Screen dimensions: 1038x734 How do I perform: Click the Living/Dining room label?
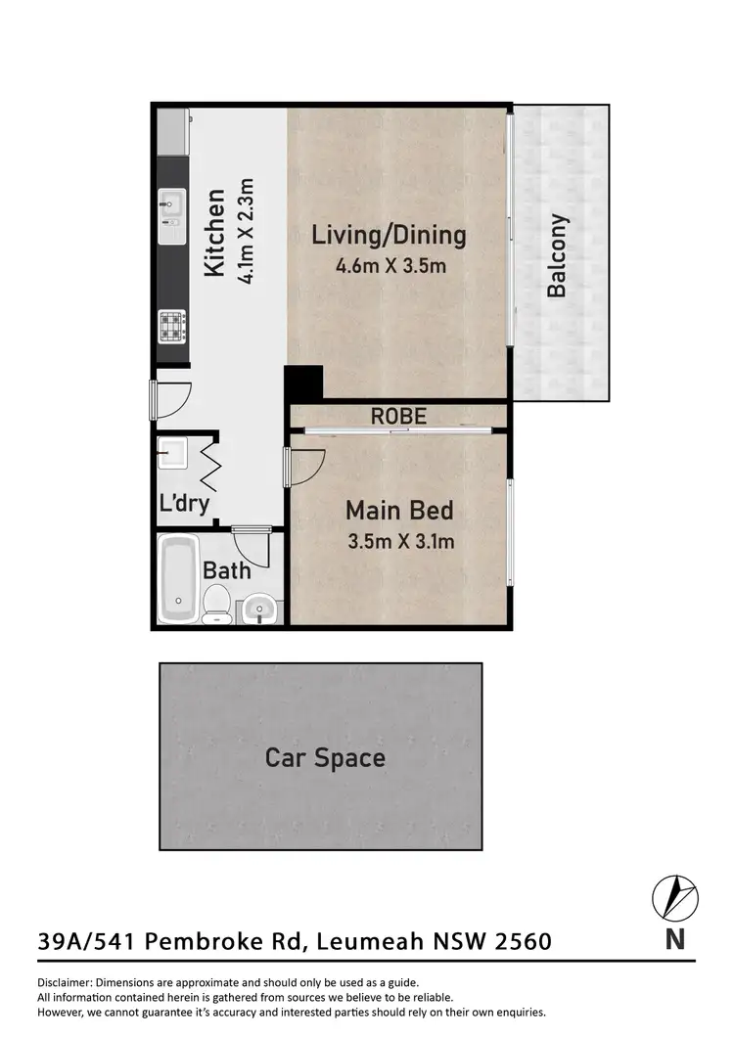point(389,235)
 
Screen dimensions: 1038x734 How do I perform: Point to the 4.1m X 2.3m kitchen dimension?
point(246,231)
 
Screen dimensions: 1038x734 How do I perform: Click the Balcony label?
point(557,256)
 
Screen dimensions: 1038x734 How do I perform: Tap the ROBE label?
point(398,416)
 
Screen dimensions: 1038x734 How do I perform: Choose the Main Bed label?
point(398,510)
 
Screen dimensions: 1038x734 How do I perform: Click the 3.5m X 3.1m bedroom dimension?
point(399,540)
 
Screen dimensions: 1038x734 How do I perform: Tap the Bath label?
point(226,569)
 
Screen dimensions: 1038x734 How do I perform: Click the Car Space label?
point(325,757)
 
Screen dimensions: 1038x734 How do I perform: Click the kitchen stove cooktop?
point(171,325)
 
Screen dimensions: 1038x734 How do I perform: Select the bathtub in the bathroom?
point(179,578)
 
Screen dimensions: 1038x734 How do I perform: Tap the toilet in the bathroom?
point(217,604)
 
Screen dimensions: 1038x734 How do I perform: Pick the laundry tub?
point(174,453)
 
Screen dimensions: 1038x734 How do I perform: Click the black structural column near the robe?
point(302,382)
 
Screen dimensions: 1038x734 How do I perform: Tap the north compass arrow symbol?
point(674,896)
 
